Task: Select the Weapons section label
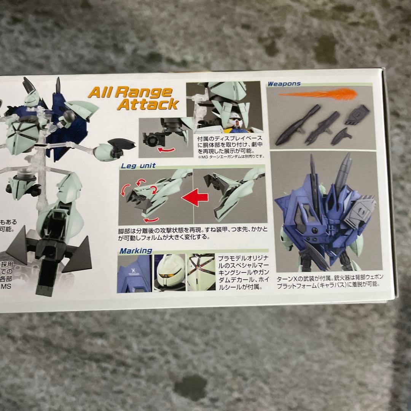tap(284, 84)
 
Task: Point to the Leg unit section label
tap(138, 166)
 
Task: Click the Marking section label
tap(136, 250)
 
